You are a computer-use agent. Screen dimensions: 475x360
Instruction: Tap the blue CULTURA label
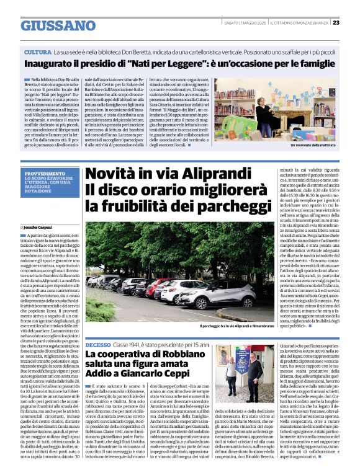pyautogui.click(x=38, y=52)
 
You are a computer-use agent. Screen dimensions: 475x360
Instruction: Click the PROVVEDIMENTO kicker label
pyautogui.click(x=44, y=174)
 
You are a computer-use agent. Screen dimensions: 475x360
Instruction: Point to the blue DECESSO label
pyautogui.click(x=98, y=344)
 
